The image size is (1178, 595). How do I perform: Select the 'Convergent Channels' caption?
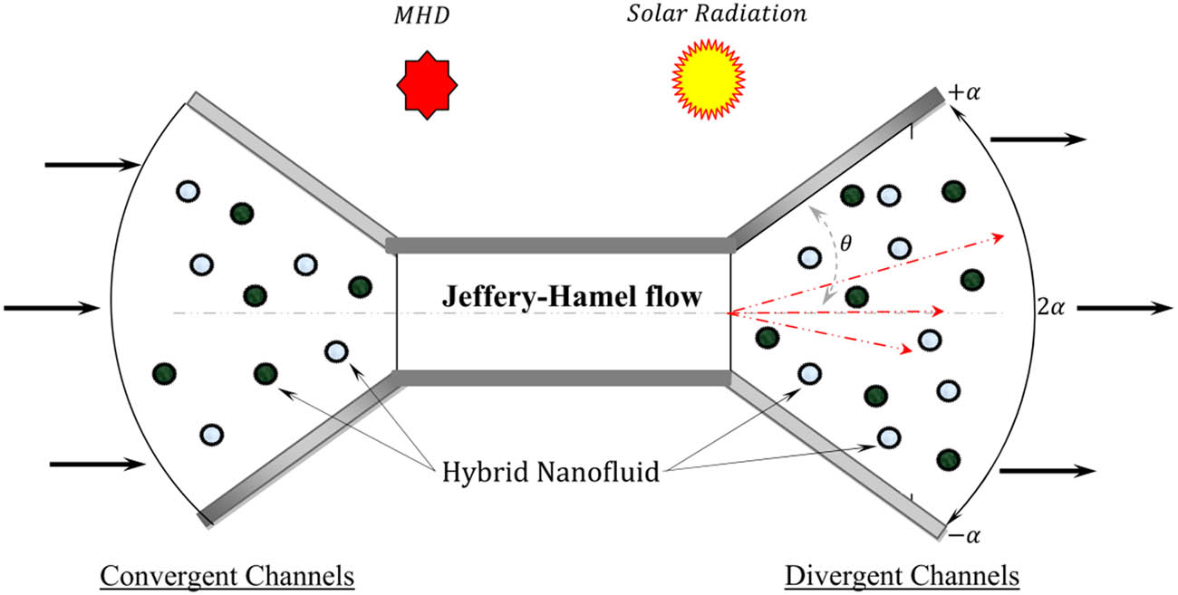point(226,576)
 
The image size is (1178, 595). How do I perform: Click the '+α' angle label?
point(963,93)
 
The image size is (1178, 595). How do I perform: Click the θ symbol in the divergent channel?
point(847,245)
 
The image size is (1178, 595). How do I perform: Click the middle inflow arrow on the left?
point(51,308)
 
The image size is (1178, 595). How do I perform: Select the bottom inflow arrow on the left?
point(96,464)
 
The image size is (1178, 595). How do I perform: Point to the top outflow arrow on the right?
point(1038,139)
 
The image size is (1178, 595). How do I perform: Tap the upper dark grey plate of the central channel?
point(559,245)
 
